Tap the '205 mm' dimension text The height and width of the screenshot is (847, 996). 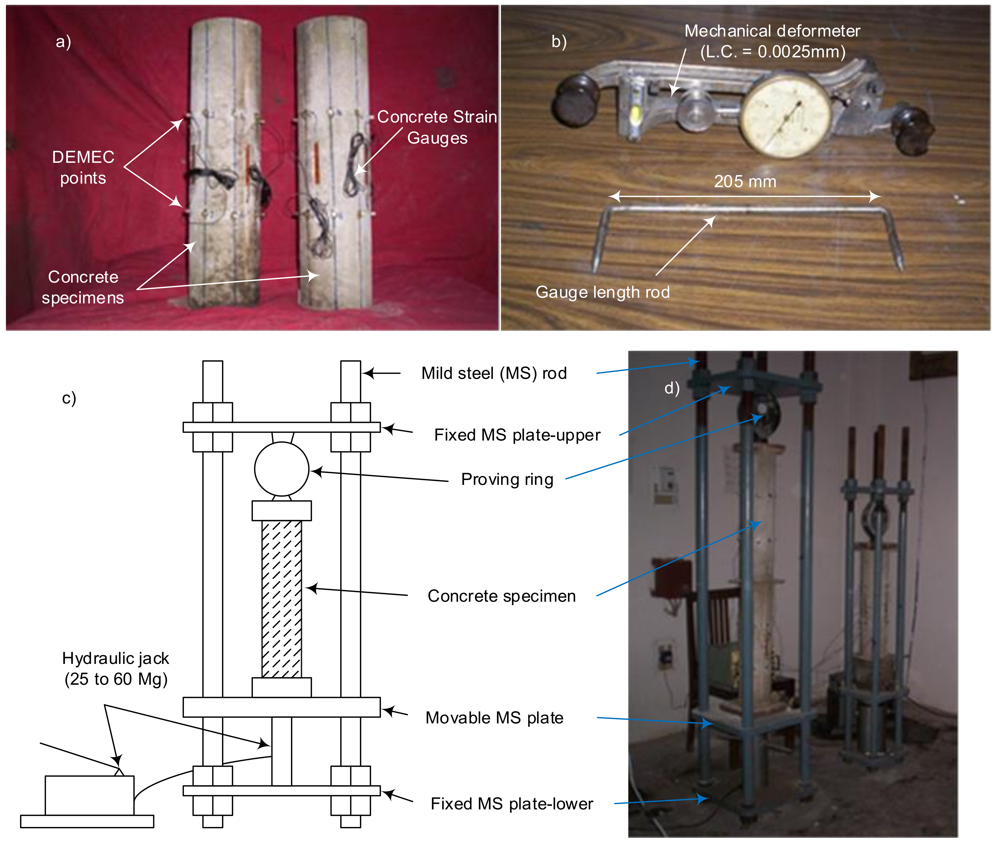745,181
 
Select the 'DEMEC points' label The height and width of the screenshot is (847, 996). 83,167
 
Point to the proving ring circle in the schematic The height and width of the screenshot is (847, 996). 282,469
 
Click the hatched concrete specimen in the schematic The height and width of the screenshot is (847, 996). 282,599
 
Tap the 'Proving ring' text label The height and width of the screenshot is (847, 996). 507,479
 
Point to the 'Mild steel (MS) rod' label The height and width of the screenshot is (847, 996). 494,373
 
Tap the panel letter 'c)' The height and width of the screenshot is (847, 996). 69,398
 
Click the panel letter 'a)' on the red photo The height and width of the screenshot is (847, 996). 63,42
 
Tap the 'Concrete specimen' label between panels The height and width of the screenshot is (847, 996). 501,596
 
